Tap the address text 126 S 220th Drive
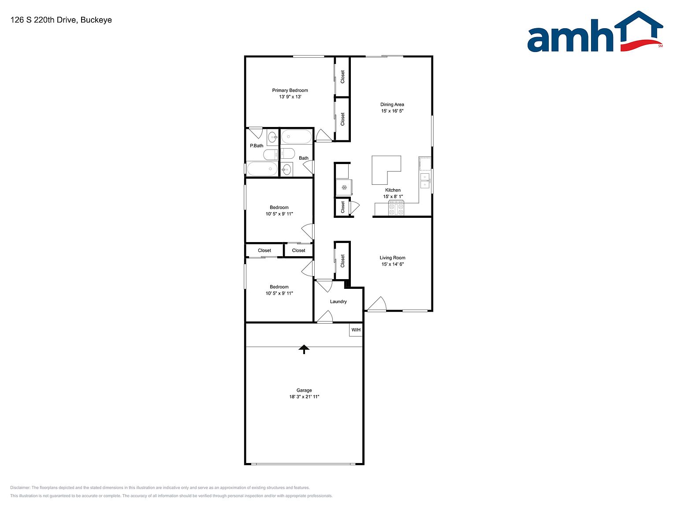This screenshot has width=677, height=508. coord(43,20)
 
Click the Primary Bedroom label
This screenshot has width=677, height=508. coord(290,90)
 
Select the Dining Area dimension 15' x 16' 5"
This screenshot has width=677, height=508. coord(392,111)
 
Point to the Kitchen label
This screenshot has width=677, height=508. coord(393,190)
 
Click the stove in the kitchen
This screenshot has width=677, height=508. coord(396,208)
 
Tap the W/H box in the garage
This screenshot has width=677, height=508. coord(356,330)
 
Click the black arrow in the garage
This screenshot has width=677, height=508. coord(304,349)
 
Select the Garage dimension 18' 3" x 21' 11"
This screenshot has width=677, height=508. coord(304,397)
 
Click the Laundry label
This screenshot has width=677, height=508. coord(338,302)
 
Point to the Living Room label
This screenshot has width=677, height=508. coord(392,258)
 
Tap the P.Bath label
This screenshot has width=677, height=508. coord(257,146)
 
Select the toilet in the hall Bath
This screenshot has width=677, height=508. coord(287,153)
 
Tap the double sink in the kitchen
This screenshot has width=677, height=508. coord(425,181)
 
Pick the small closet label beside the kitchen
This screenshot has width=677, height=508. coord(342,207)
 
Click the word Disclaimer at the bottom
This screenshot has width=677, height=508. coord(20,488)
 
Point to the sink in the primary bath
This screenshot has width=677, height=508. coord(272,137)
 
